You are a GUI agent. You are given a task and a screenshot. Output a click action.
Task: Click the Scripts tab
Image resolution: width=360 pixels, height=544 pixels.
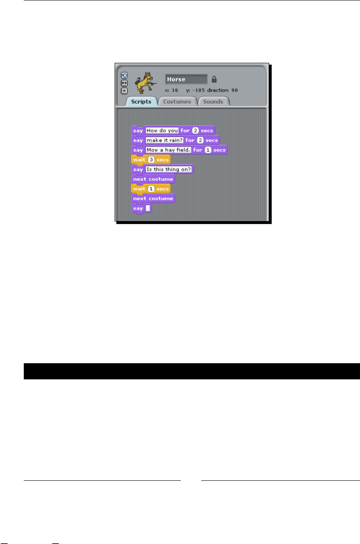[x=141, y=102]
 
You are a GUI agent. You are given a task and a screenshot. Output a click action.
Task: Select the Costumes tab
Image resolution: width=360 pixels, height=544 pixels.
[x=177, y=102]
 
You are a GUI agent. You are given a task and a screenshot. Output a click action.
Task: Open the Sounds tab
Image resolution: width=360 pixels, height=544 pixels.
[x=213, y=102]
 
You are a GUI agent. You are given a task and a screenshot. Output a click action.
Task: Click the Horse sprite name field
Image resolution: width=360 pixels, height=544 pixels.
[x=186, y=79]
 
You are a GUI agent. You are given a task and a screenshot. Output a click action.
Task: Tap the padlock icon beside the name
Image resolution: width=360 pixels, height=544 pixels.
[x=214, y=79]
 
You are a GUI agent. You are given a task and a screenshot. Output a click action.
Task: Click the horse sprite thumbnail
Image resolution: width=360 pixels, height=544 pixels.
[x=144, y=82]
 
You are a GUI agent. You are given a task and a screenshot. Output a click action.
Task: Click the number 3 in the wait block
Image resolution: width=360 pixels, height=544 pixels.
[x=151, y=160]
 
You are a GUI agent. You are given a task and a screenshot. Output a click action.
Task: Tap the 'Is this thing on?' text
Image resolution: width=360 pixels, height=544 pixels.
[x=169, y=169]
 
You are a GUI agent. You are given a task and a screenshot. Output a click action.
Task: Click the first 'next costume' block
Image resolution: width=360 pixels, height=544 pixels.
[x=153, y=179]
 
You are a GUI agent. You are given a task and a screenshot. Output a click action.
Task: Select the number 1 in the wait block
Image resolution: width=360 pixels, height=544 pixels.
[x=151, y=189]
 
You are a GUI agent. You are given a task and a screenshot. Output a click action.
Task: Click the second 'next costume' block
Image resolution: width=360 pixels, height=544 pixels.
[x=153, y=199]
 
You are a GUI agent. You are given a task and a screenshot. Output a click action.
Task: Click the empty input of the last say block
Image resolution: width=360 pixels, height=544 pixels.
[x=148, y=208]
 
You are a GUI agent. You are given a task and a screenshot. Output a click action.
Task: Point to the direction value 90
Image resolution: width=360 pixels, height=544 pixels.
[x=235, y=90]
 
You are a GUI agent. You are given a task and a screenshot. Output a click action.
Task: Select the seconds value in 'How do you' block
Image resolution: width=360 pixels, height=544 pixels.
[x=195, y=130]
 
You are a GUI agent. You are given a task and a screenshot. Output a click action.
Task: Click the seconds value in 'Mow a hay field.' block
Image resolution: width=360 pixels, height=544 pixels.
[x=208, y=150]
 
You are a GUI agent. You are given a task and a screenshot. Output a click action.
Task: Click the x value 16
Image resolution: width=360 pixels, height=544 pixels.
[x=175, y=90]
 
